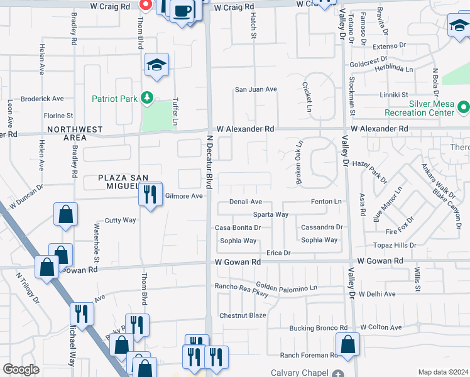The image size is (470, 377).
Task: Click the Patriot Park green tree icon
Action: click(x=148, y=98)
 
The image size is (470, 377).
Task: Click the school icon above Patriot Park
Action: click(x=156, y=65)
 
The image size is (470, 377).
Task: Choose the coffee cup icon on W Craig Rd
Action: click(x=182, y=11)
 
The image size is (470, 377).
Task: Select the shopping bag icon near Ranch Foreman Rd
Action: click(x=347, y=344)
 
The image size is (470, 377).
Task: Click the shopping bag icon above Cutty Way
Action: click(x=65, y=215)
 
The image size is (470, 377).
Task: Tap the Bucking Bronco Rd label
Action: click(x=318, y=328)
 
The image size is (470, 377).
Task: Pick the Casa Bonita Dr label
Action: click(x=238, y=227)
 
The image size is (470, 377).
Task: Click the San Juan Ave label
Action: click(x=256, y=89)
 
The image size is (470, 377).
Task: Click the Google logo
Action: click(x=21, y=369)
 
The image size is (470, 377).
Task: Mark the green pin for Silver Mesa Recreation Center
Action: click(x=464, y=108)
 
